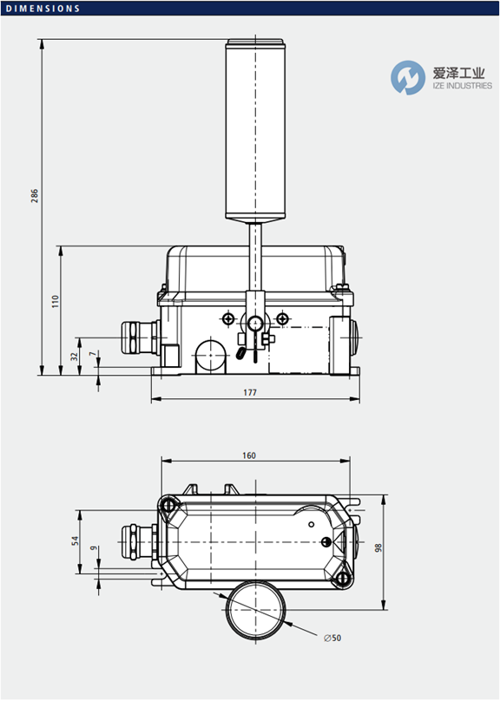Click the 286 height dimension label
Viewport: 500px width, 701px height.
[x=35, y=196]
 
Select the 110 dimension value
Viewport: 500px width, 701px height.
[x=55, y=301]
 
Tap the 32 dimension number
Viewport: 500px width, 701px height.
[x=75, y=357]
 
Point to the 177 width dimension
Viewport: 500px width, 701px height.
[x=250, y=392]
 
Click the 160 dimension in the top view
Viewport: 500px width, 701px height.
[x=249, y=455]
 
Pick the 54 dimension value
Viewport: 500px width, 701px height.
[x=76, y=540]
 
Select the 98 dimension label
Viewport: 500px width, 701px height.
[x=378, y=547]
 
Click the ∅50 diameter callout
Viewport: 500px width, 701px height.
[x=332, y=638]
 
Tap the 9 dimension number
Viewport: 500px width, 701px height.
[x=94, y=547]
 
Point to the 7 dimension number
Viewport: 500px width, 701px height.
[x=93, y=354]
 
